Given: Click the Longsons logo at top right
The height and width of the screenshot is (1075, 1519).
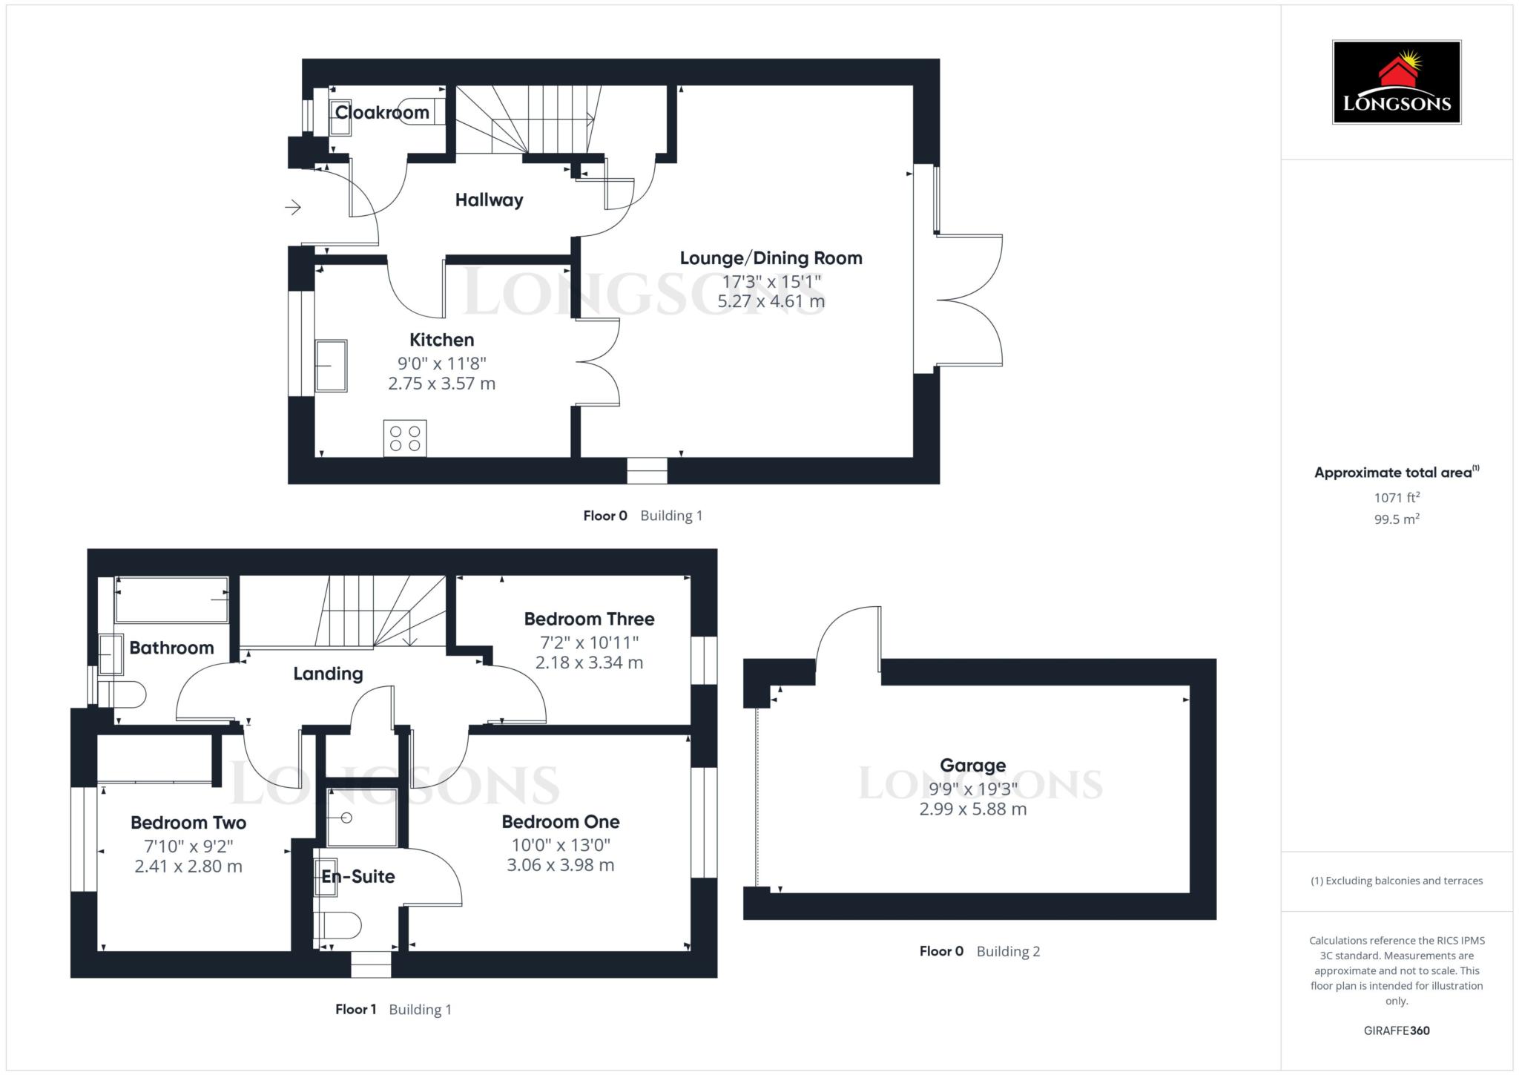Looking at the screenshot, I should pos(1397,82).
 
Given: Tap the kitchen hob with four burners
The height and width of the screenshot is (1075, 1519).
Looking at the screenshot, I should pos(405,438).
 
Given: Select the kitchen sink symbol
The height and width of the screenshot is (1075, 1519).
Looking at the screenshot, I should pos(331,366).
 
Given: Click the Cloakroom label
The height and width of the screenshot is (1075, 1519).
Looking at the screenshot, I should pos(382,113).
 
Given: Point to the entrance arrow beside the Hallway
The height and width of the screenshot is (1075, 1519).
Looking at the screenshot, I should pos(293,207).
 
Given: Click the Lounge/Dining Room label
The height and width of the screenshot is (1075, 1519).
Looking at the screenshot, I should pos(771,258).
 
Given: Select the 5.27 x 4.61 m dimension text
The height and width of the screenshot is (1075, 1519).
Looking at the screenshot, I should pos(771,301).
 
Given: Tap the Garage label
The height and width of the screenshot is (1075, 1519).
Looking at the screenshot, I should pos(972,765).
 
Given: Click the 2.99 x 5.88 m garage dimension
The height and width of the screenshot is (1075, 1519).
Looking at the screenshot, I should pos(972,809).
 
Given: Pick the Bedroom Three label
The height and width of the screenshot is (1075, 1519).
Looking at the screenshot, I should pos(589,619).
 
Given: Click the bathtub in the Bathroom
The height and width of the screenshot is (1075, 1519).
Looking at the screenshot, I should pos(172,599).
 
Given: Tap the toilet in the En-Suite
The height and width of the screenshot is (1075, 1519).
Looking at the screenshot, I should pos(341,925).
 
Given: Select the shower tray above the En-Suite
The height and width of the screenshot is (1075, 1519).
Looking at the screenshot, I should pos(362,818).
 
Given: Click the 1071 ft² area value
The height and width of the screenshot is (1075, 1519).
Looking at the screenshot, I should pos(1397,498).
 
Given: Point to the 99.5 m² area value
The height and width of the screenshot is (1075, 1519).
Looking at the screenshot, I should pos(1397,519).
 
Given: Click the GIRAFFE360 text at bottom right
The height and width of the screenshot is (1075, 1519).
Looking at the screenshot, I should pos(1397,1030).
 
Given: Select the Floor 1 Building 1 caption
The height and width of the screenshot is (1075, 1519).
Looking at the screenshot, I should pos(393,1009).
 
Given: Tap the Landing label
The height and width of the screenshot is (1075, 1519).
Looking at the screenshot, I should pos(328,674).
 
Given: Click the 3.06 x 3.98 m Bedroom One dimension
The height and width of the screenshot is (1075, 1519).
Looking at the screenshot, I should pos(560,865).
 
